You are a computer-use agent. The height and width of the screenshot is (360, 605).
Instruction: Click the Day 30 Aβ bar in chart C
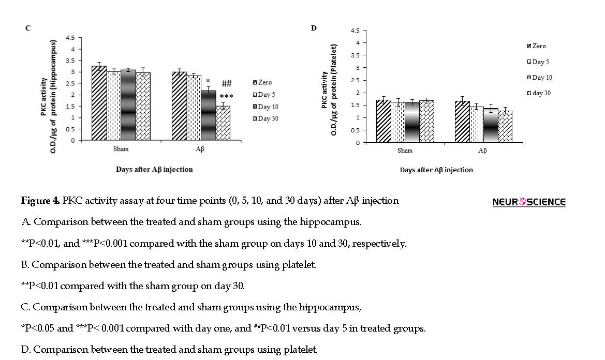[x=223, y=123]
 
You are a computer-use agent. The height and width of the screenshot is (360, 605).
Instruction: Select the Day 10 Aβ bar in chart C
[x=209, y=115]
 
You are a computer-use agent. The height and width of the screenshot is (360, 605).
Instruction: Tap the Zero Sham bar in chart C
[x=99, y=103]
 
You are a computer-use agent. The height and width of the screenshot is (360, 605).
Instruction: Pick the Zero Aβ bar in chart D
[x=462, y=122]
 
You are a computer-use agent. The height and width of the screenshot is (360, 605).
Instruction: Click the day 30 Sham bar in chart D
[x=427, y=122]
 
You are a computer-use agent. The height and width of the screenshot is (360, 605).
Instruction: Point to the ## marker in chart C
[x=227, y=83]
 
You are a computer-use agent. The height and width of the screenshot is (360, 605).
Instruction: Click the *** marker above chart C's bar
[x=227, y=96]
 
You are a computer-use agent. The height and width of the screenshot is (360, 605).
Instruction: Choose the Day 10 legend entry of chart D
[x=540, y=78]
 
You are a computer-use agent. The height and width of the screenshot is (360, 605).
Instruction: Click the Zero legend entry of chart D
[x=536, y=46]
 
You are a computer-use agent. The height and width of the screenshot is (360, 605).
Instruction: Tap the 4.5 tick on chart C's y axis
[x=70, y=38]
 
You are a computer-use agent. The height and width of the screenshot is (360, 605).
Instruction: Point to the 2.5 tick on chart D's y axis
[x=355, y=80]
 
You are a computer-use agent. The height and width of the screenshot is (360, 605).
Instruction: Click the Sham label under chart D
[x=405, y=151]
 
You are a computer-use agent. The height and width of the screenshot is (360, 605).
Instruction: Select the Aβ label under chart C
[x=200, y=149]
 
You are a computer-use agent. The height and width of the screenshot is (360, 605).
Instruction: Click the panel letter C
[x=28, y=28]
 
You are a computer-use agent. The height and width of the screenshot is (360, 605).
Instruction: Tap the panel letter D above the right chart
[x=314, y=28]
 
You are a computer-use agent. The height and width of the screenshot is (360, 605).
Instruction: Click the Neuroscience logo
[x=529, y=202]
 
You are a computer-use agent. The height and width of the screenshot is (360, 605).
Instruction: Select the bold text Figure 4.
[x=40, y=200]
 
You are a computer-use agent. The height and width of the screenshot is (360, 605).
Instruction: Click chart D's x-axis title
[x=436, y=170]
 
